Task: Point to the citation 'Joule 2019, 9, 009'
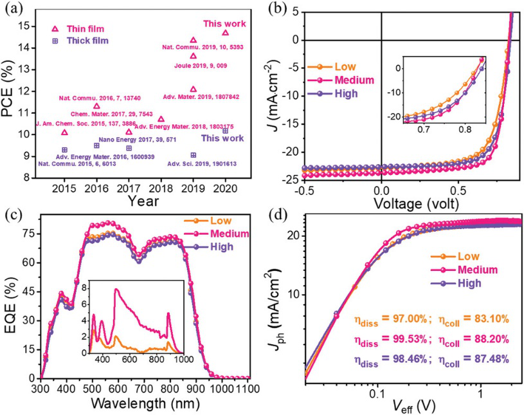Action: pyautogui.click(x=201, y=66)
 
